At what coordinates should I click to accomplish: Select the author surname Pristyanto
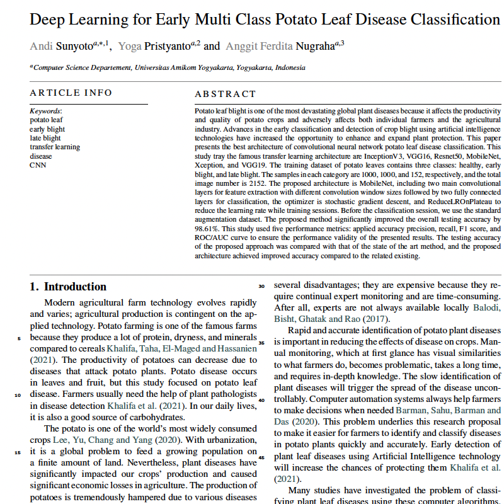tap(165, 45)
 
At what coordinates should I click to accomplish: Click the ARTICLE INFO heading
tap(71, 93)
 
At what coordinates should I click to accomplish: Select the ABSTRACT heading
tap(226, 94)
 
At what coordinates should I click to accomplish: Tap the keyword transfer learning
tap(55, 147)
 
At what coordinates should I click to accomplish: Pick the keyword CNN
tap(37, 165)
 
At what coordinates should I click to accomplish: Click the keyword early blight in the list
tap(47, 129)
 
